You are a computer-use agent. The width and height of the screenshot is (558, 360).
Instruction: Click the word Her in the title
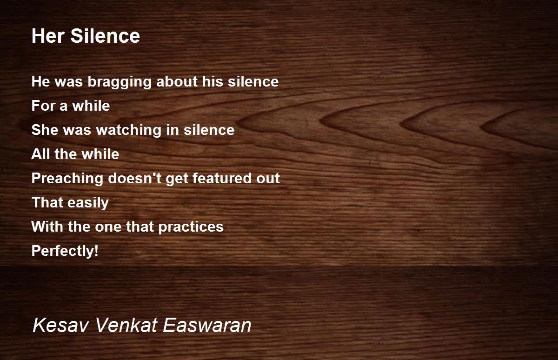pos(48,36)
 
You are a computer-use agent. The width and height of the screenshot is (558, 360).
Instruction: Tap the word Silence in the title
pos(105,36)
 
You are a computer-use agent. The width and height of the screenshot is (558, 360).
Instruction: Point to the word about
pos(177,81)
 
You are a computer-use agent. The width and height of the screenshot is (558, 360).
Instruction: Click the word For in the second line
pos(43,106)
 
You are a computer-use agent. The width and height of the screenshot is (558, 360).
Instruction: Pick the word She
pos(45,130)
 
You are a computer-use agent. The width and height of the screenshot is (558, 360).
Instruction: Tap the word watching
pos(129,131)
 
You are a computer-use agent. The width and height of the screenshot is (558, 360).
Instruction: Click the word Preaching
pos(67,179)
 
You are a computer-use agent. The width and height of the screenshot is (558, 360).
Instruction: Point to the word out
pos(268,179)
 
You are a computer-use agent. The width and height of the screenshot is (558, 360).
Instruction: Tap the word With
pos(47,227)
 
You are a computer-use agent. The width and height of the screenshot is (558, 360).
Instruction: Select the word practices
pos(191,227)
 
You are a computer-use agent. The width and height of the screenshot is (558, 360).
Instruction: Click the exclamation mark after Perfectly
pos(96,251)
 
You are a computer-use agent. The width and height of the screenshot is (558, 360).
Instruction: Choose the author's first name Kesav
pos(61,325)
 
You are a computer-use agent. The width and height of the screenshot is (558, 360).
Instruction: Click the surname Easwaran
pos(207,325)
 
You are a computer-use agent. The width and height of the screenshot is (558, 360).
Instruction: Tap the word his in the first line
pos(213,81)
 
